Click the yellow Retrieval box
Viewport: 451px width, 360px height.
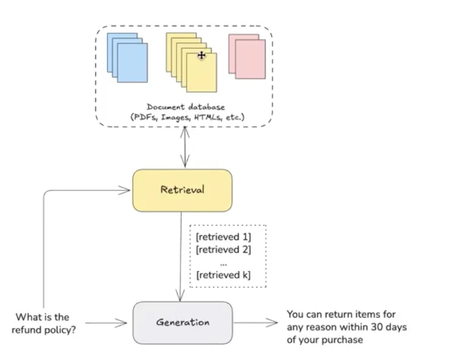(x=182, y=190)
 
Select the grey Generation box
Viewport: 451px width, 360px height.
(x=183, y=322)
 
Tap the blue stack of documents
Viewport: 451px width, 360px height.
(x=127, y=57)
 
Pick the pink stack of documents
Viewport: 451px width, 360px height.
(x=247, y=56)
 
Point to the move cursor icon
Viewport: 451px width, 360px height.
(x=201, y=55)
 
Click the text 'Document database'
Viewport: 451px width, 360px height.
(x=186, y=107)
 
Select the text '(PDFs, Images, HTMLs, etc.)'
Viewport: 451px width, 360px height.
(x=186, y=117)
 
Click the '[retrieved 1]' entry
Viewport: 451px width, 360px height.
(x=223, y=237)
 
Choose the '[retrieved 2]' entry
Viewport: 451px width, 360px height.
(x=223, y=249)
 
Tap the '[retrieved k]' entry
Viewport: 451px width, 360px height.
(x=223, y=275)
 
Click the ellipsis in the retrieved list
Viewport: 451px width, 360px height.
(x=223, y=262)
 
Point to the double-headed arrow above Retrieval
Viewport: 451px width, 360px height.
(x=182, y=147)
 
